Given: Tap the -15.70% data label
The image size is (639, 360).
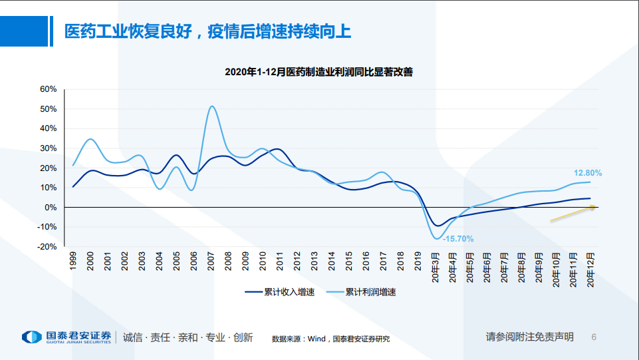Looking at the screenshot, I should click(x=459, y=238).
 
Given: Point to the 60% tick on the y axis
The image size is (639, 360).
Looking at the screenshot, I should click(x=49, y=89).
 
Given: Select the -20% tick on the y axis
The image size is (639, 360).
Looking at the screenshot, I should click(x=47, y=246).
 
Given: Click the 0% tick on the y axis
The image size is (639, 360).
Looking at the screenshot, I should click(x=51, y=207).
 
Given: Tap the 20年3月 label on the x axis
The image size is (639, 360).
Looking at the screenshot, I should click(x=436, y=267).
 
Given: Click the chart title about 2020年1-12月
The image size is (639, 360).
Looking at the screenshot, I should click(x=319, y=72).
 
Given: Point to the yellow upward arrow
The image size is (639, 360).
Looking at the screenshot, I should click(x=573, y=214).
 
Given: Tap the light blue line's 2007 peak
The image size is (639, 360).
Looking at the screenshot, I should click(x=211, y=106).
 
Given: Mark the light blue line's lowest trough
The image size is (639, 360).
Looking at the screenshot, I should click(x=437, y=238).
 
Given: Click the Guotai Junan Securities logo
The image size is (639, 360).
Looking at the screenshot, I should click(x=66, y=337).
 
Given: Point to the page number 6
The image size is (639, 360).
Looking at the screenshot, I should click(x=594, y=337).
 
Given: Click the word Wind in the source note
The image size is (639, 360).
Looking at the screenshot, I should click(x=317, y=339).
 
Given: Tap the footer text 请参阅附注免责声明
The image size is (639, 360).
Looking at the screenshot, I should click(x=529, y=337).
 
